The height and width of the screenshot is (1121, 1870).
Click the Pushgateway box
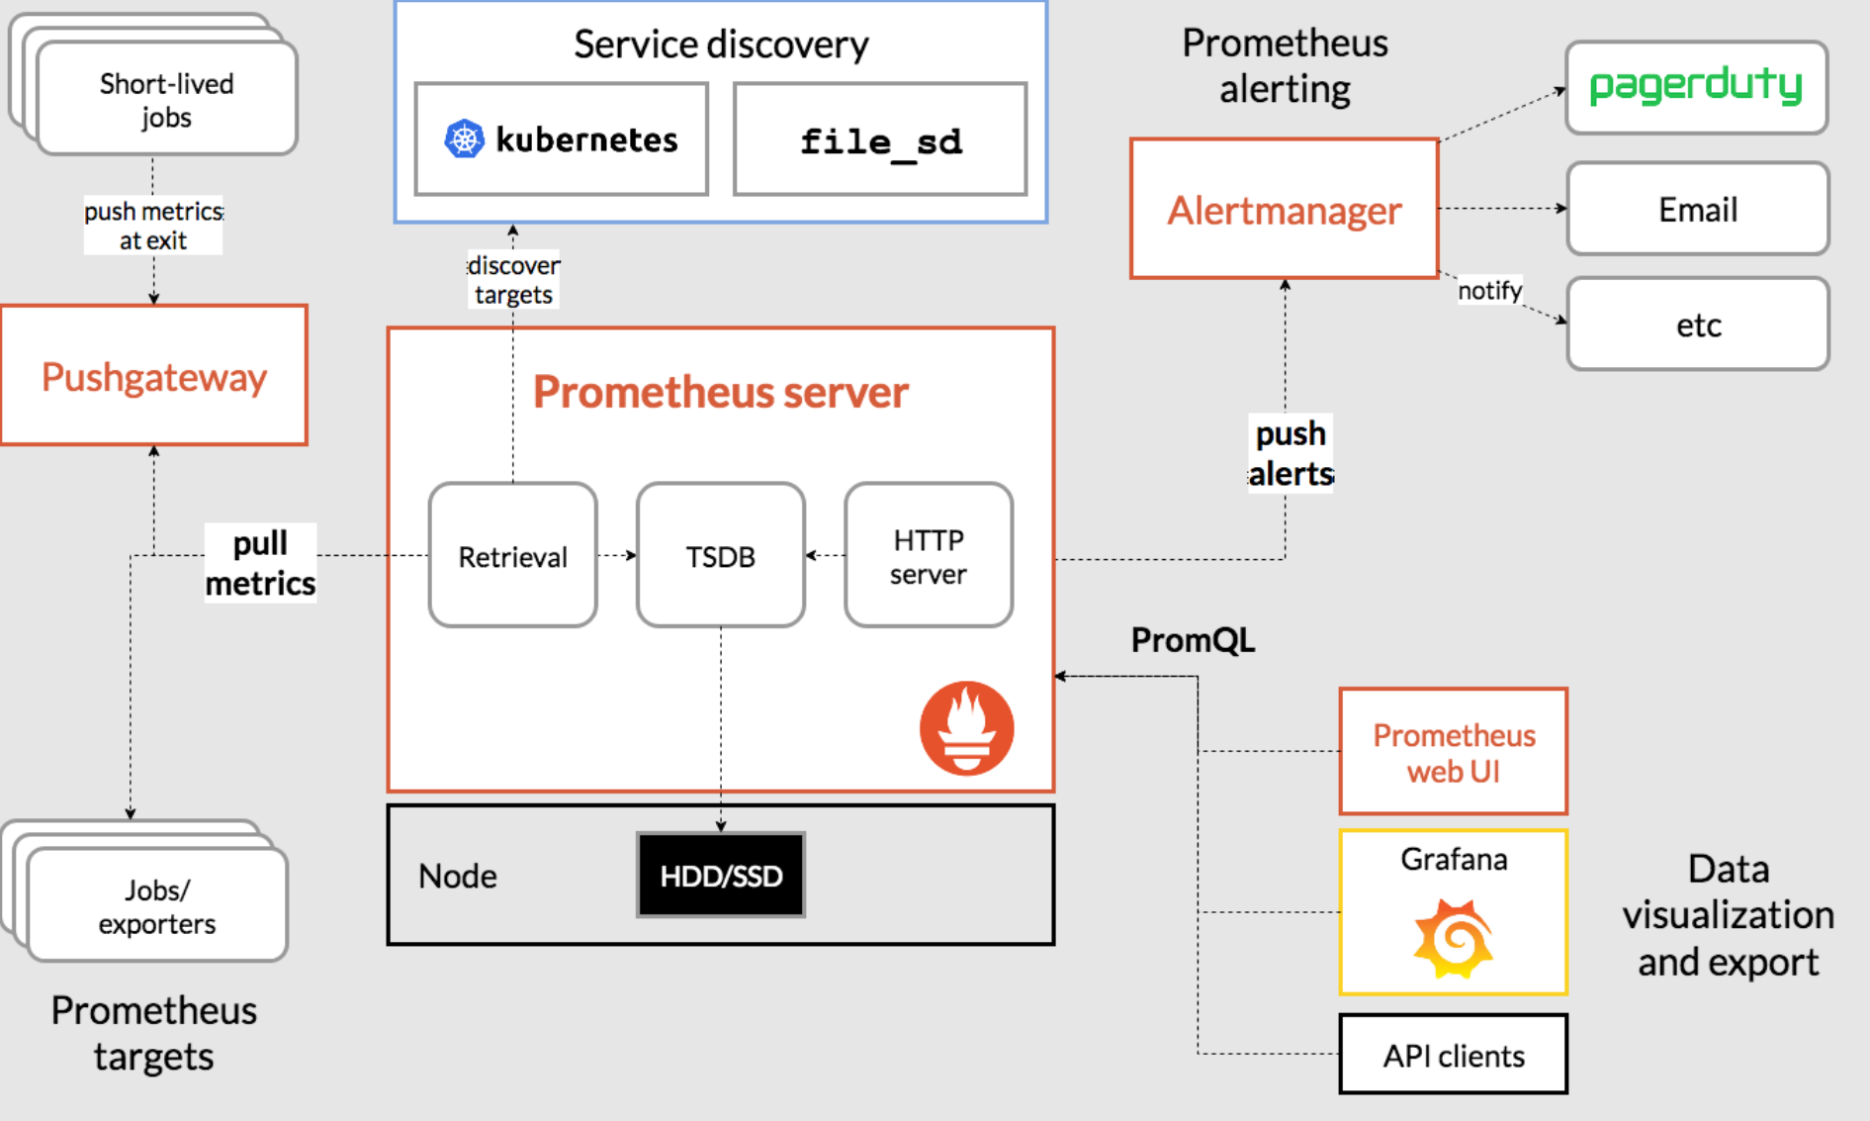pyautogui.click(x=154, y=375)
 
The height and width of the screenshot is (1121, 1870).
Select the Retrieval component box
pyautogui.click(x=512, y=555)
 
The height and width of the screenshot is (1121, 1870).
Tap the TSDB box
pyautogui.click(x=720, y=555)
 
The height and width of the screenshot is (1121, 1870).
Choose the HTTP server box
pyautogui.click(x=928, y=555)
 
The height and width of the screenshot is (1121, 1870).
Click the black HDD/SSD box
pyautogui.click(x=720, y=875)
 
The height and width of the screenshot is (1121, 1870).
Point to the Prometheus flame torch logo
pyautogui.click(x=966, y=727)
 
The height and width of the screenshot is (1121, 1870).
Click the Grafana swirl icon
pyautogui.click(x=1453, y=937)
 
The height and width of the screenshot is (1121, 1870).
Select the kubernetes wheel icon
pyautogui.click(x=464, y=139)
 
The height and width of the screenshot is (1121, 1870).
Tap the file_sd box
pyautogui.click(x=879, y=140)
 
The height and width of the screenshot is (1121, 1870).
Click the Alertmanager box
pyautogui.click(x=1284, y=209)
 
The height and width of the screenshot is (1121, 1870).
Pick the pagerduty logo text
pyautogui.click(x=1696, y=85)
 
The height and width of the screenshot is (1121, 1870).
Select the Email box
pyautogui.click(x=1697, y=209)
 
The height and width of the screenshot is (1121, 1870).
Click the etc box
pyautogui.click(x=1697, y=325)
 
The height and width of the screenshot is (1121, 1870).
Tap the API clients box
pyautogui.click(x=1453, y=1055)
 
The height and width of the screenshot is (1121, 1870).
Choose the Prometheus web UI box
pyautogui.click(x=1453, y=752)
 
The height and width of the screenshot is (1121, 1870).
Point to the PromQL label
pyautogui.click(x=1193, y=640)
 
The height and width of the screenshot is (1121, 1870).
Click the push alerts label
pyautogui.click(x=1290, y=453)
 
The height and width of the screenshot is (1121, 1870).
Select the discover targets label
pyautogui.click(x=513, y=280)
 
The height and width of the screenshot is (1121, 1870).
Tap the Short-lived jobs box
pyautogui.click(x=166, y=100)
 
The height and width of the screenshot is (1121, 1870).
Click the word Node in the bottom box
pyautogui.click(x=457, y=876)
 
